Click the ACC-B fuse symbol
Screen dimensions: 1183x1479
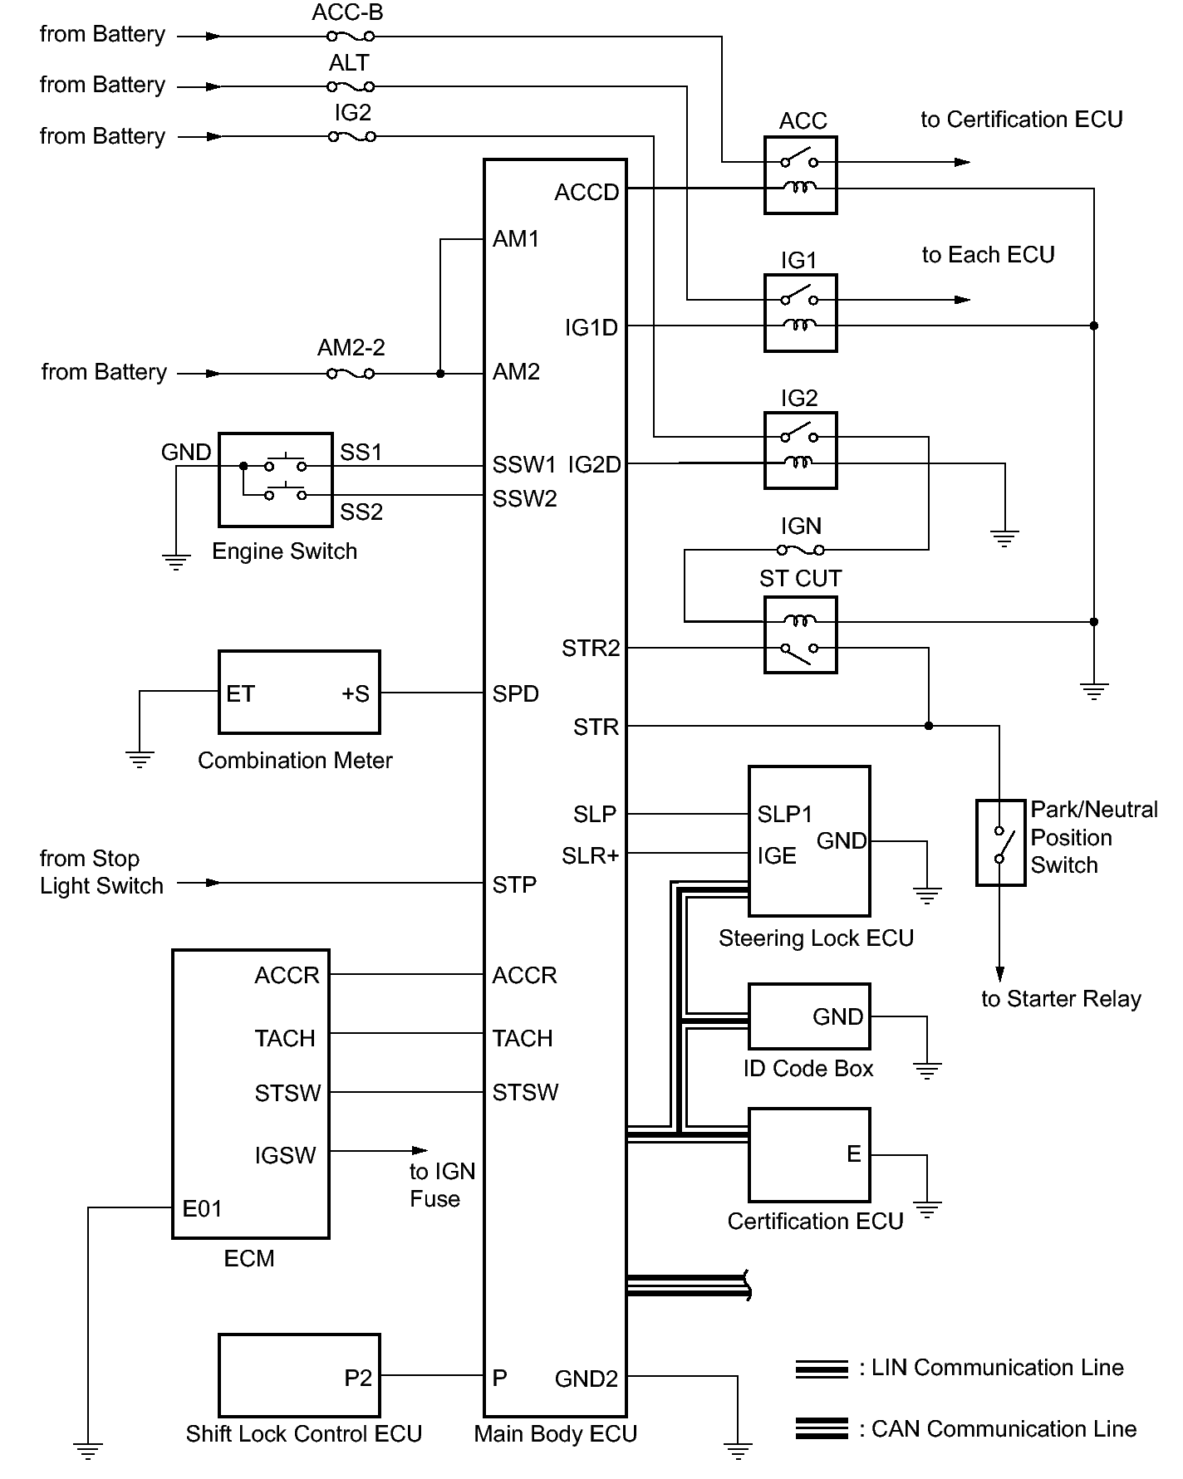click(x=351, y=37)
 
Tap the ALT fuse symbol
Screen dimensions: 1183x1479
click(x=351, y=86)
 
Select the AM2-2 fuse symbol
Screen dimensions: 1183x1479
click(x=351, y=374)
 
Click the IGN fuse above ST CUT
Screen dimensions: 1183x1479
click(x=801, y=550)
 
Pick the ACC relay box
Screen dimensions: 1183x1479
click(x=801, y=175)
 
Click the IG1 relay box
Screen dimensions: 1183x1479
click(x=801, y=313)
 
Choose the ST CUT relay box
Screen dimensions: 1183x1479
click(x=801, y=635)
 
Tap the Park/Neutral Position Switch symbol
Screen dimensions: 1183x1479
click(x=1000, y=843)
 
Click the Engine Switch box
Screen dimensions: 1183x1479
click(x=276, y=479)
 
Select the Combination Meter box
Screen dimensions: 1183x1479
click(x=299, y=693)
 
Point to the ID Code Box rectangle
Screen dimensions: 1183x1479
click(x=809, y=1017)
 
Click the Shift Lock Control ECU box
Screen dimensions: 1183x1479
click(x=299, y=1375)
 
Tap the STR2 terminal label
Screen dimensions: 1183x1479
click(x=591, y=649)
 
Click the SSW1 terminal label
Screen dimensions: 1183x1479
click(x=524, y=464)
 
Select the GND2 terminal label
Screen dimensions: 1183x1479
click(x=587, y=1379)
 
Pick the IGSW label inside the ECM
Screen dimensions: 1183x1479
click(x=285, y=1155)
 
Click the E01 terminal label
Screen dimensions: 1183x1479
click(x=202, y=1209)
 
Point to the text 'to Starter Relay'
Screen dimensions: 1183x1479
click(x=1061, y=999)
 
